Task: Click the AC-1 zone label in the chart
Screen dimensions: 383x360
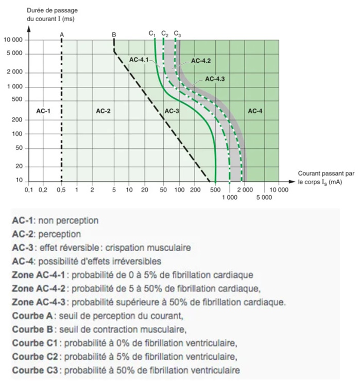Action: (43, 111)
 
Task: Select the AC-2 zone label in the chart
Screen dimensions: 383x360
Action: (104, 111)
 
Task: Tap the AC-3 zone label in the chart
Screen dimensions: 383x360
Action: (172, 111)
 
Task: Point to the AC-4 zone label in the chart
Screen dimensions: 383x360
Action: (255, 111)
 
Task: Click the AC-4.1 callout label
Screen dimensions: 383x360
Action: (139, 60)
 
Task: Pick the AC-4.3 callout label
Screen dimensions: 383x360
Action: (215, 79)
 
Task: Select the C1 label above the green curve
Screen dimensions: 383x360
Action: (152, 33)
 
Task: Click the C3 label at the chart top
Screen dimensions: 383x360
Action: (177, 33)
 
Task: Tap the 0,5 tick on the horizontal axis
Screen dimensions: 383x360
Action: (61, 190)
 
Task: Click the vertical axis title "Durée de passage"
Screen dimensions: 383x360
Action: (45, 11)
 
